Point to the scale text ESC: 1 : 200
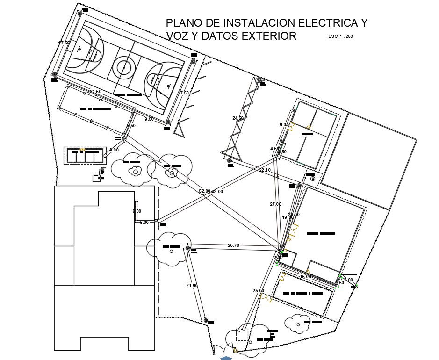[340, 36]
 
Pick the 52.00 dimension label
[205, 191]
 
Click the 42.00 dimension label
[217, 191]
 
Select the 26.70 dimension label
[233, 245]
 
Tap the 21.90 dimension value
[192, 286]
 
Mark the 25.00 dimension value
[259, 291]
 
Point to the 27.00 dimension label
[275, 204]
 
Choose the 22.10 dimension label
[265, 170]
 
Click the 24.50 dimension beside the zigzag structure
[238, 118]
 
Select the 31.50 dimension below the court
[95, 92]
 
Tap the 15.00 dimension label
[305, 277]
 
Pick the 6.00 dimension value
[137, 211]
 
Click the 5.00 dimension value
[144, 223]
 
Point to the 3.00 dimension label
[349, 280]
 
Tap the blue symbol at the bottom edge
[226, 358]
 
